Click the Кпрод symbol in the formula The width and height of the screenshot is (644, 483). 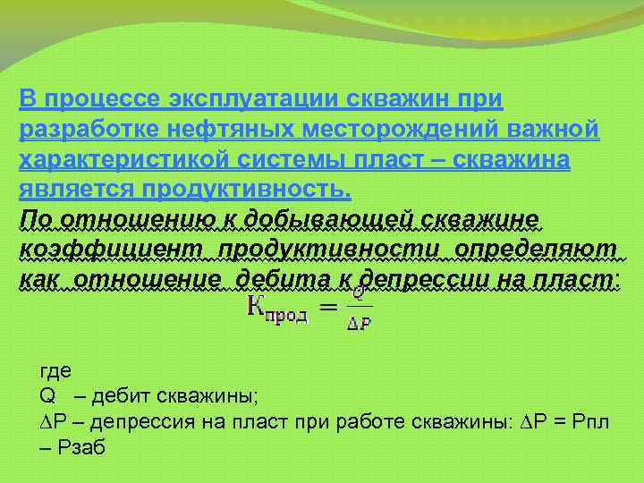(276, 310)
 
